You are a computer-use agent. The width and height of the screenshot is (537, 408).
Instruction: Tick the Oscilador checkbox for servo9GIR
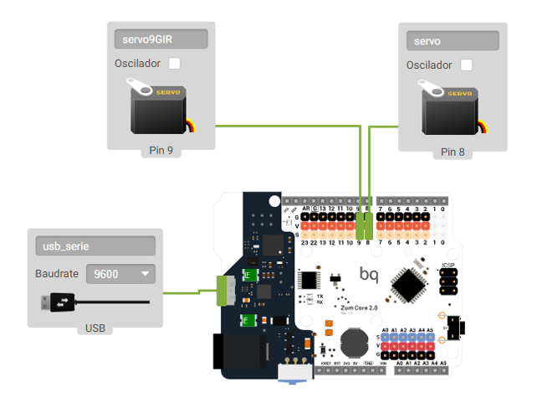point(175,64)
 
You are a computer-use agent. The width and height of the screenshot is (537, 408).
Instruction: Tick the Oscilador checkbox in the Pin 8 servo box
point(467,65)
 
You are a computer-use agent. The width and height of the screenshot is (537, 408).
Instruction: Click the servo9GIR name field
point(161,39)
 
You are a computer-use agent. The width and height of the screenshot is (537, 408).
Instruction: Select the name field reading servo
point(452,40)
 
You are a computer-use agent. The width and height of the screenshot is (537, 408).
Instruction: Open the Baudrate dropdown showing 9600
point(120,274)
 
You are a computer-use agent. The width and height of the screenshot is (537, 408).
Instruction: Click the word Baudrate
point(57,274)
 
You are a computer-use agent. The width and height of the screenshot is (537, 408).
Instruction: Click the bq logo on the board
point(368,274)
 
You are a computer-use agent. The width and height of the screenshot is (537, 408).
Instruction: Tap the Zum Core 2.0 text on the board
point(361,307)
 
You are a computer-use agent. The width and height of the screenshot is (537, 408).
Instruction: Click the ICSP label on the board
point(448,266)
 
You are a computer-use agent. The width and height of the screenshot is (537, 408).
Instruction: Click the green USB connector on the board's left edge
point(225,290)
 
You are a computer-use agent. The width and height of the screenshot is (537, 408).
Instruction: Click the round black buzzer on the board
point(352,342)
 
